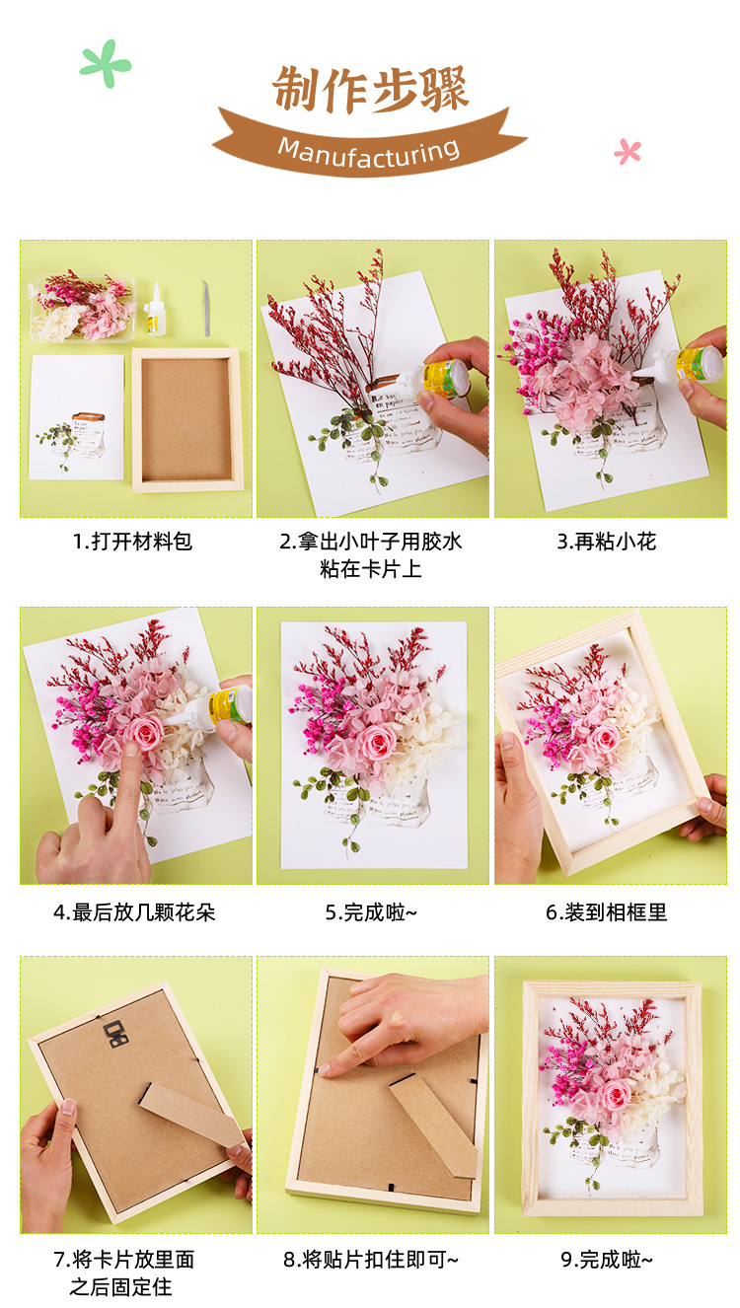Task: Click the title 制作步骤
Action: click(x=370, y=90)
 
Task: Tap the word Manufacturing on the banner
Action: click(x=369, y=151)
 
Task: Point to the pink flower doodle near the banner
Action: click(x=628, y=151)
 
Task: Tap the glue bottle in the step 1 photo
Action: click(x=154, y=310)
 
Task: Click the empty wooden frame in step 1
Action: click(x=186, y=418)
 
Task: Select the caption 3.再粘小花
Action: click(x=606, y=542)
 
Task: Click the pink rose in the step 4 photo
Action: click(x=145, y=733)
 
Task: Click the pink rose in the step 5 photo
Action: click(x=378, y=740)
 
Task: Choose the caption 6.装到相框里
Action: click(x=606, y=912)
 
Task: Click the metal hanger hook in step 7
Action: click(x=116, y=1033)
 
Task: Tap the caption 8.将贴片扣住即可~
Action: click(x=371, y=1260)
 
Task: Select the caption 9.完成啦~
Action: click(x=606, y=1260)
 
